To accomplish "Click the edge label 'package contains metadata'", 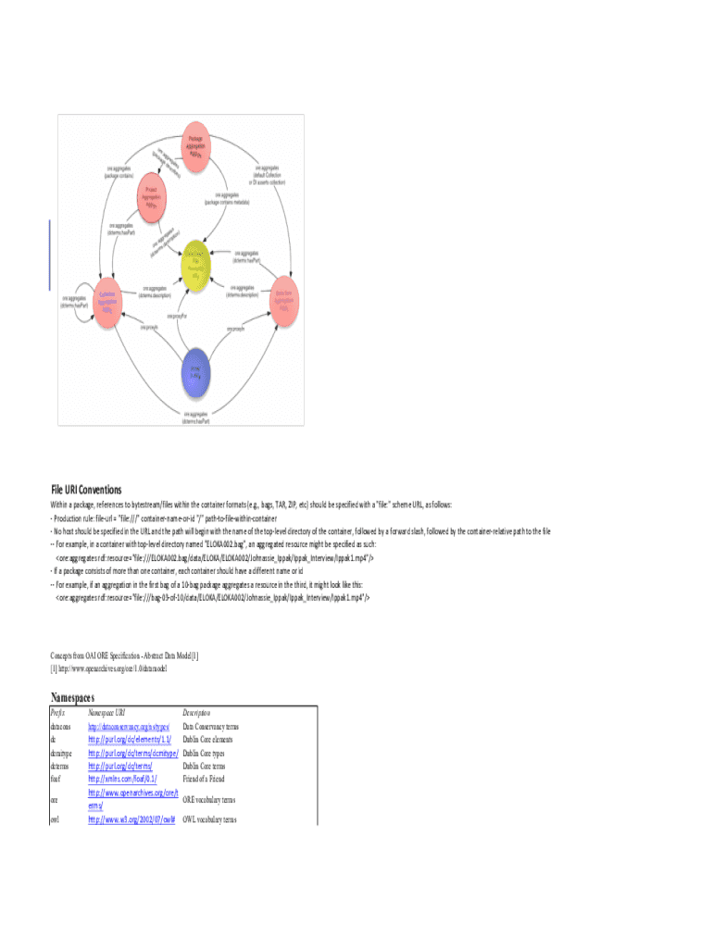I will point(232,198).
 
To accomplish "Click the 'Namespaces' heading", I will point(72,697).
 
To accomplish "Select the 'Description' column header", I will point(196,713).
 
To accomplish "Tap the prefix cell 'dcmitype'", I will point(61,754).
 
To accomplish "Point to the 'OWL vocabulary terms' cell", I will point(209,819).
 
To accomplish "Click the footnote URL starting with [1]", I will point(108,667).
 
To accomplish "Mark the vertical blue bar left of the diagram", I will point(49,256).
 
